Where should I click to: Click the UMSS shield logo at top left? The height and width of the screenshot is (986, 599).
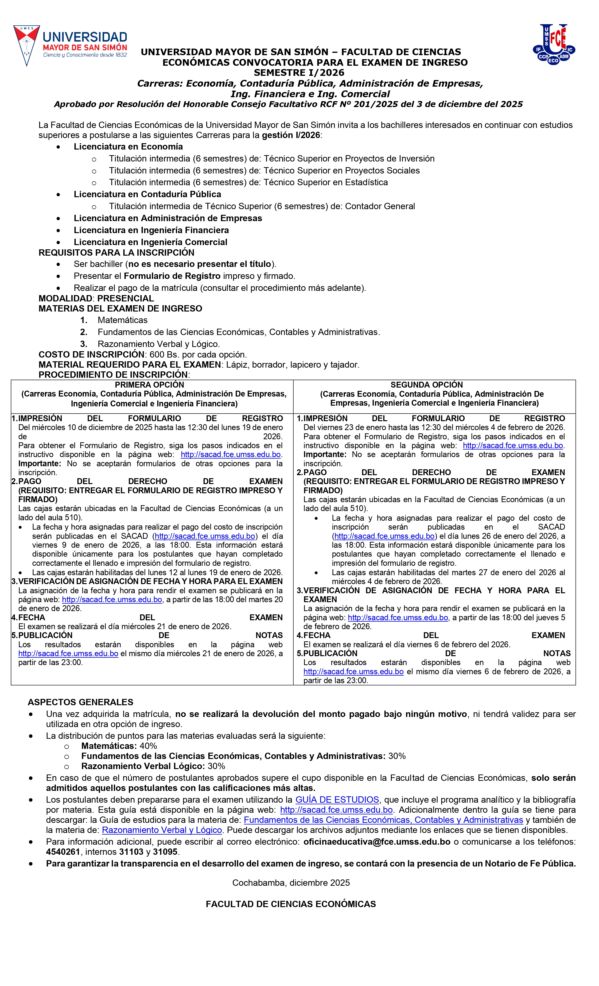click(26, 45)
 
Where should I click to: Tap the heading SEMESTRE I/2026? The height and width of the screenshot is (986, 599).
click(299, 73)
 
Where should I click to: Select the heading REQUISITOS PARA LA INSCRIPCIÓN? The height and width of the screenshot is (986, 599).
click(117, 253)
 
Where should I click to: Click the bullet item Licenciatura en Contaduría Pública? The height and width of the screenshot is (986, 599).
click(147, 194)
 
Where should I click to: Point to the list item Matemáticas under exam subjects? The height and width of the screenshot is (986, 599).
click(123, 320)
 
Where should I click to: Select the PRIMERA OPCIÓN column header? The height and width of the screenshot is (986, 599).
click(149, 385)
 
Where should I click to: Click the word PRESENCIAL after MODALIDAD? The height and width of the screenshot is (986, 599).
click(126, 299)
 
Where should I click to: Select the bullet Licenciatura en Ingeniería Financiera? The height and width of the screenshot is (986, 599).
click(151, 230)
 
